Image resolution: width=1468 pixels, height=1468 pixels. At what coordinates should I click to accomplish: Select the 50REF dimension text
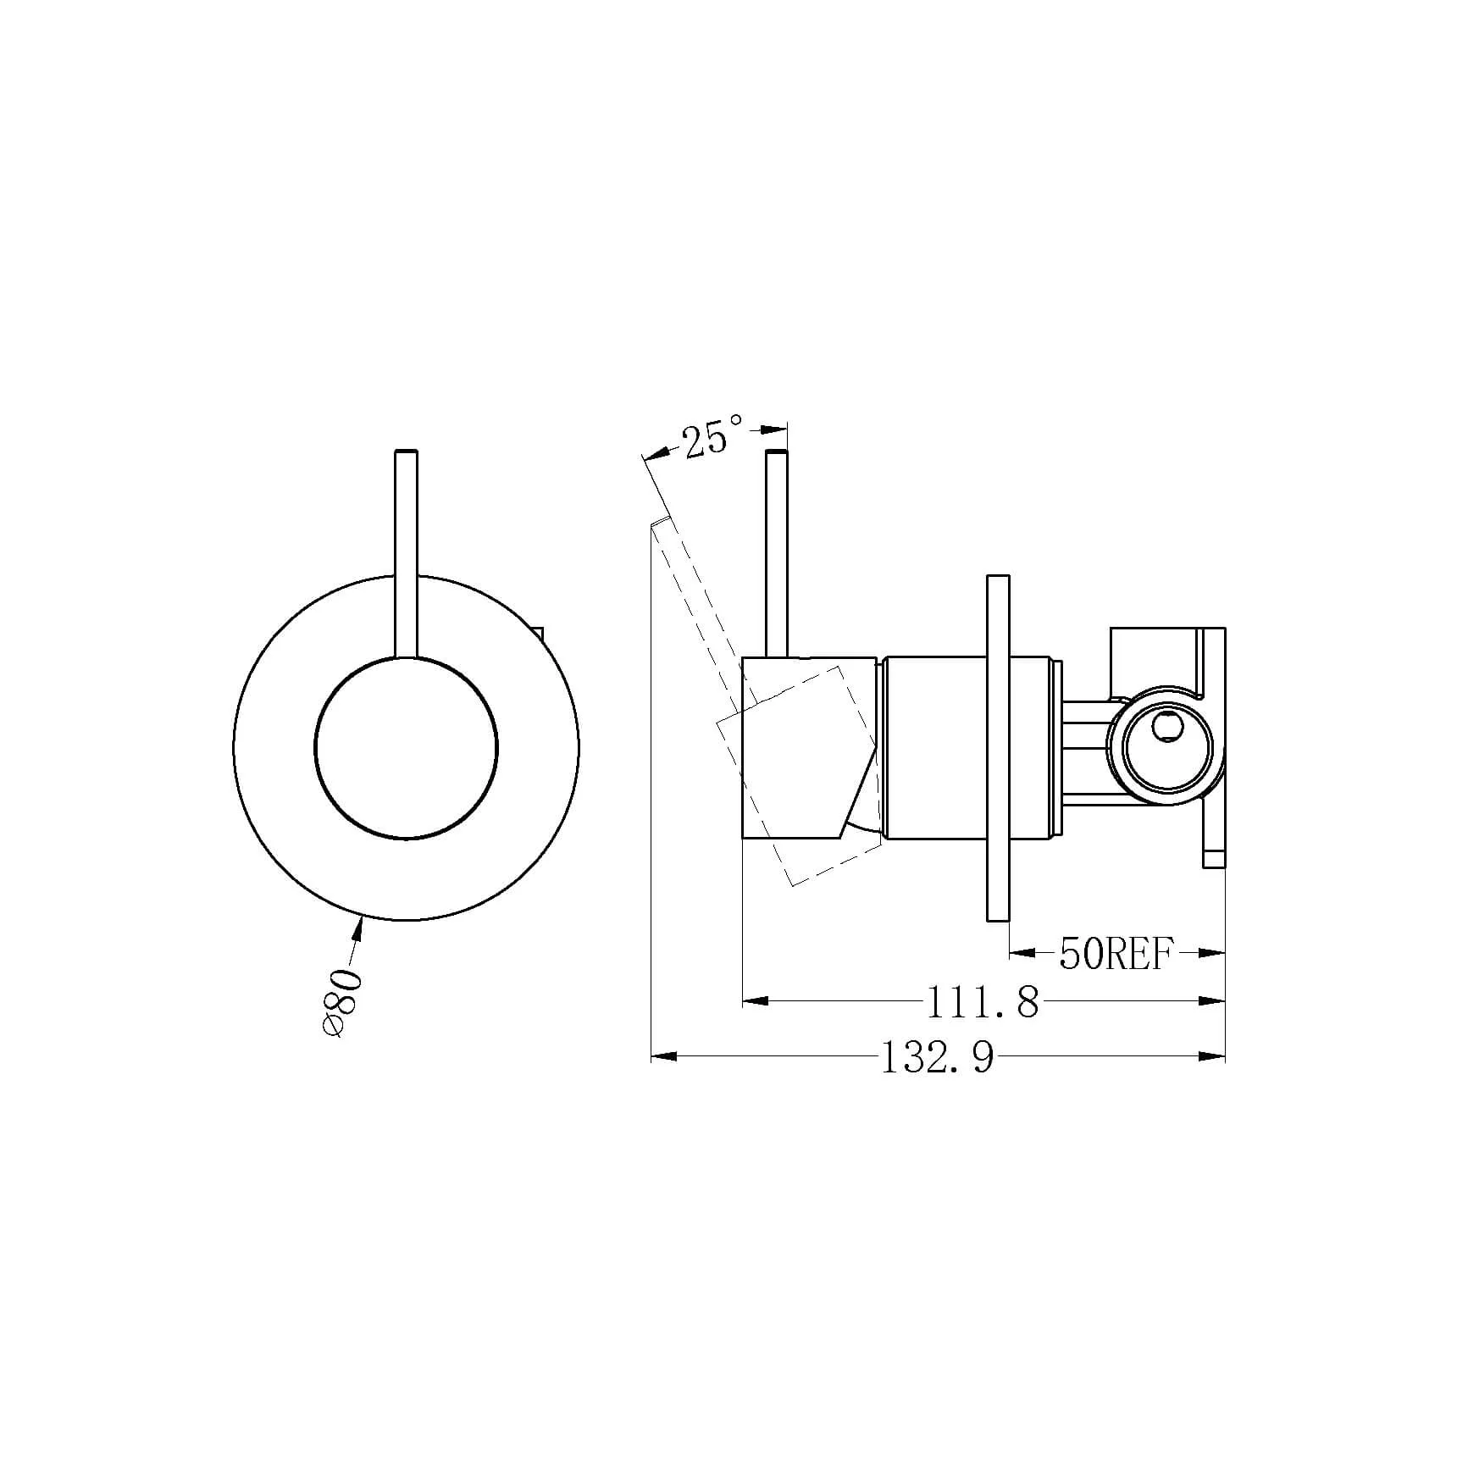point(1116,955)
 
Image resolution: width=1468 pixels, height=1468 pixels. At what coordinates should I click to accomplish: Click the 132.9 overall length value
point(938,1057)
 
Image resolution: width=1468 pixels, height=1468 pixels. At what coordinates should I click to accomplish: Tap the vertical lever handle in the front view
point(407,553)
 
